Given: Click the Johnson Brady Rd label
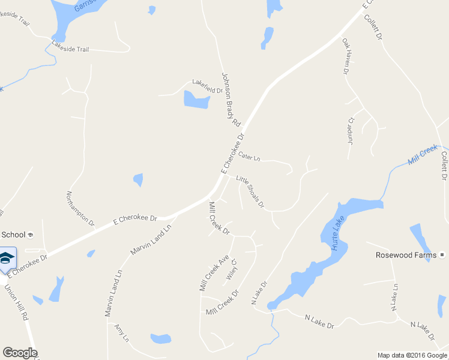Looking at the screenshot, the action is click(231, 100).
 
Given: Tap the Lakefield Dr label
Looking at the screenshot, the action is click(207, 86).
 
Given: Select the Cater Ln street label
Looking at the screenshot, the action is click(249, 156).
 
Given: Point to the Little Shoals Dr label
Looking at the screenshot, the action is click(250, 191).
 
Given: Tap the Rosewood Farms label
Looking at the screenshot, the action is click(406, 255).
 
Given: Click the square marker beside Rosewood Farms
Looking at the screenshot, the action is click(442, 255).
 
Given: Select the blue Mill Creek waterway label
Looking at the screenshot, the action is click(423, 155).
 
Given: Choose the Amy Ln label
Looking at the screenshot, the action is click(122, 333).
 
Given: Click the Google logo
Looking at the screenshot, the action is click(20, 353).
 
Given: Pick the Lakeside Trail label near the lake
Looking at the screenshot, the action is click(70, 49).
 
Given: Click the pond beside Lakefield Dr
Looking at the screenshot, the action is click(196, 100).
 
